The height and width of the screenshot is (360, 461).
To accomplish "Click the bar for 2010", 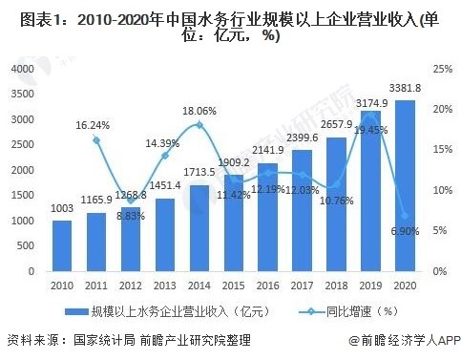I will pyautogui.click(x=62, y=246).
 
